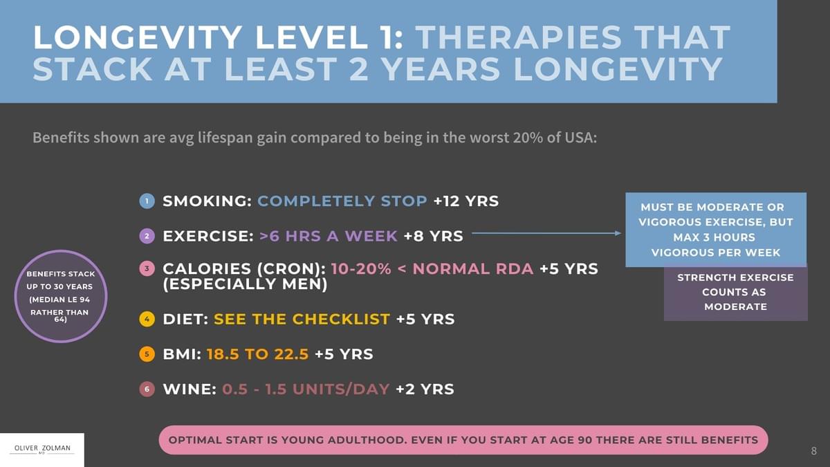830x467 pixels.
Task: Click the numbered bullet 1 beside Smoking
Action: point(147,201)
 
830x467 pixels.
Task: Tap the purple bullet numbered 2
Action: point(147,236)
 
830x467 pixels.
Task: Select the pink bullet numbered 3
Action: point(147,268)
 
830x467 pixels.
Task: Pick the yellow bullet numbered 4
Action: point(147,320)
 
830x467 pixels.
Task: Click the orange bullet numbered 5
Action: point(147,354)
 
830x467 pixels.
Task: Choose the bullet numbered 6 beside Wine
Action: point(147,389)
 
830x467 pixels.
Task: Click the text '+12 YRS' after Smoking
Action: point(465,201)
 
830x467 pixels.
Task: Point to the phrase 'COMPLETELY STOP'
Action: point(342,201)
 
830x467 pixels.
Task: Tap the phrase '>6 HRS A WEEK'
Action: point(328,236)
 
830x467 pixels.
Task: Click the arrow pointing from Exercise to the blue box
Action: point(546,233)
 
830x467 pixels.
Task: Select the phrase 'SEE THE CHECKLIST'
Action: point(302,320)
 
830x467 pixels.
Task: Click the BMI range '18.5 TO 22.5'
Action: point(257,354)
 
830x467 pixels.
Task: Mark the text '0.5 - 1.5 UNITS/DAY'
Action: point(306,389)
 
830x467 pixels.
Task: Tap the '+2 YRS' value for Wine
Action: point(425,389)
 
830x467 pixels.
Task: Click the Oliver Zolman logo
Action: point(42,450)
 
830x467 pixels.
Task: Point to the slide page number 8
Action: point(813,451)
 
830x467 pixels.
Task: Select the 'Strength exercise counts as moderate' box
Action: point(735,293)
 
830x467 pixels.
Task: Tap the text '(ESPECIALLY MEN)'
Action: point(245,284)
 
